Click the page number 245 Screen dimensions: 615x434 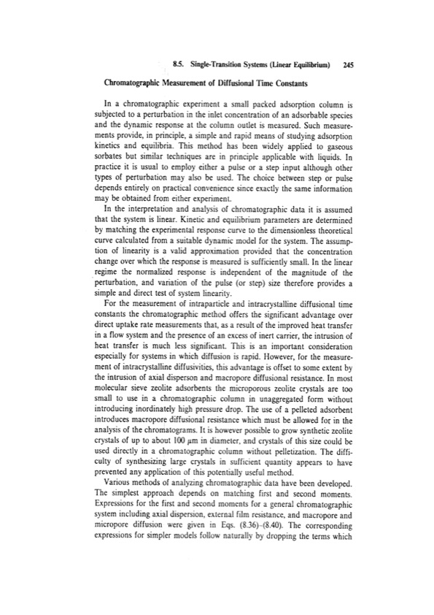tap(347, 65)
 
